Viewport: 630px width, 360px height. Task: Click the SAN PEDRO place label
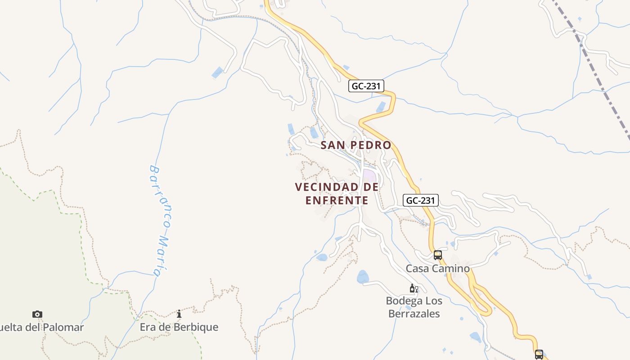coord(355,145)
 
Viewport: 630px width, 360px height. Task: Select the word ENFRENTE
coord(337,200)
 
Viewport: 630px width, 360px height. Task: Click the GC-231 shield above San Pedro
coord(366,86)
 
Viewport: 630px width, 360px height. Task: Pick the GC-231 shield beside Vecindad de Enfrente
coord(420,200)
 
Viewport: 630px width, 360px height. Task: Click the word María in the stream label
coord(161,256)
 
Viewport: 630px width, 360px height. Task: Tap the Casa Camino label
coord(437,269)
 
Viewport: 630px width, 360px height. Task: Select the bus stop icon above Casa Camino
coord(438,255)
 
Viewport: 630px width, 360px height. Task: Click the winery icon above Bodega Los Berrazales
coord(414,288)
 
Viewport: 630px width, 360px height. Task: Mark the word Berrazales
coord(414,314)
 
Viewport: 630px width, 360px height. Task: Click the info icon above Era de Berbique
coord(179,314)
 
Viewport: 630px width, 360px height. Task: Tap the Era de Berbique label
coord(179,327)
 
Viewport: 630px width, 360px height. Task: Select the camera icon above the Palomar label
coord(37,314)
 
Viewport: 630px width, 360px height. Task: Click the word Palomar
coord(63,327)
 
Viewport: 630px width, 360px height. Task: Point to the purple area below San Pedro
coord(369,175)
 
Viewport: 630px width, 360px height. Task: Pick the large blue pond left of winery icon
coord(363,276)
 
